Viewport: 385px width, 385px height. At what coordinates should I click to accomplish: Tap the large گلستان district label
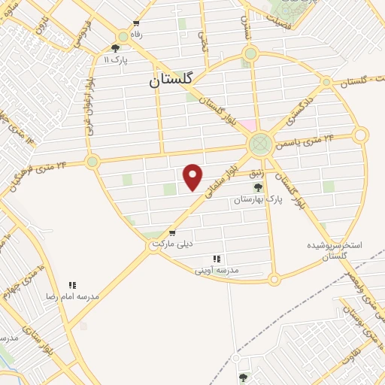pos(171,78)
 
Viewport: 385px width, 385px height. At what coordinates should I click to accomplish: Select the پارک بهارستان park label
pos(257,199)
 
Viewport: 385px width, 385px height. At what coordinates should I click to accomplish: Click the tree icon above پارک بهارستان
pos(258,187)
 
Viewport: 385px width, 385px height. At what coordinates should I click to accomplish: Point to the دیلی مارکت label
pos(173,244)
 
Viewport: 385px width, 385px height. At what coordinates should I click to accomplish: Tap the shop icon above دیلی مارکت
pos(173,233)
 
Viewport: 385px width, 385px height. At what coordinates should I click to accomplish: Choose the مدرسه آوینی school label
pos(217,268)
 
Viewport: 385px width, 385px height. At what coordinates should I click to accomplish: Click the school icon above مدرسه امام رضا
pos(73,285)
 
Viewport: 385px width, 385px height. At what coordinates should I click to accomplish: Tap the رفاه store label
pos(136,34)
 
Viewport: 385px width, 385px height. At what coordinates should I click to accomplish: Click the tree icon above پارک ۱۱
pos(115,47)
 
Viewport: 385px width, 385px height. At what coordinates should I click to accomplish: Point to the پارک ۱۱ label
pos(117,59)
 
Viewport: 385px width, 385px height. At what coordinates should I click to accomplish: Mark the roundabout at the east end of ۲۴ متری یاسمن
pos(360,135)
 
